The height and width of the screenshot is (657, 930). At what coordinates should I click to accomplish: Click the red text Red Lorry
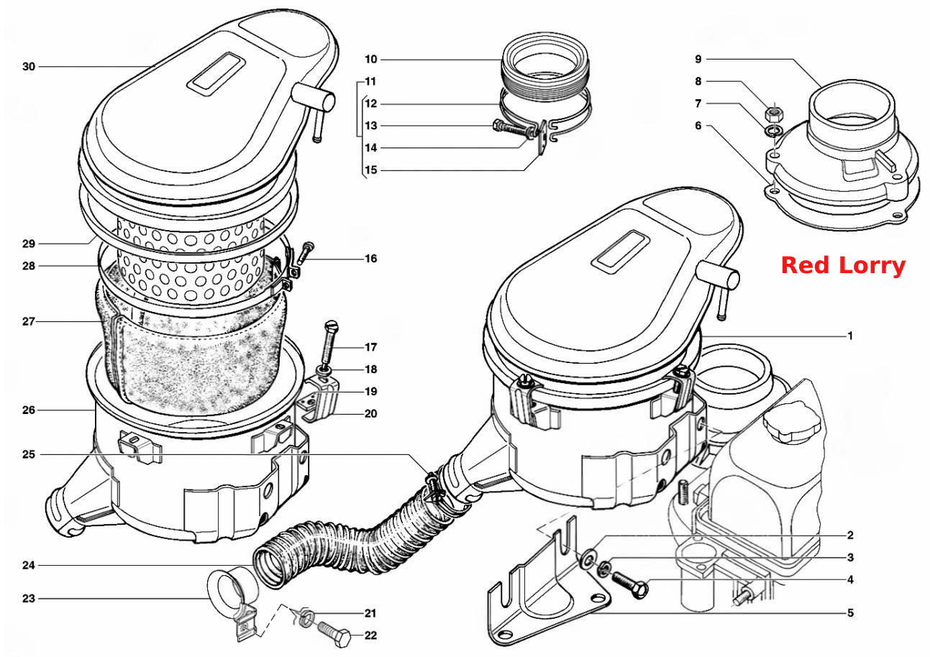pyautogui.click(x=843, y=266)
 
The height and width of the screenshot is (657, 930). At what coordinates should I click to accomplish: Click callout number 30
pyautogui.click(x=29, y=66)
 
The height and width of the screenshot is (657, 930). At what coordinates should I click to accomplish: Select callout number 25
pyautogui.click(x=29, y=454)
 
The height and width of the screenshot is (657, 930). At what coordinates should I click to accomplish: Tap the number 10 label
pyautogui.click(x=370, y=60)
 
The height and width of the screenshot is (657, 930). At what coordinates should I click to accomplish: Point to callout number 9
pyautogui.click(x=698, y=59)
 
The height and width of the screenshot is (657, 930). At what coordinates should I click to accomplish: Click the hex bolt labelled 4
pyautogui.click(x=630, y=584)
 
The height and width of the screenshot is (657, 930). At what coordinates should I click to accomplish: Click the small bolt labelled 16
pyautogui.click(x=305, y=252)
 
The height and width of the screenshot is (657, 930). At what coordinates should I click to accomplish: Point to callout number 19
pyautogui.click(x=370, y=391)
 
